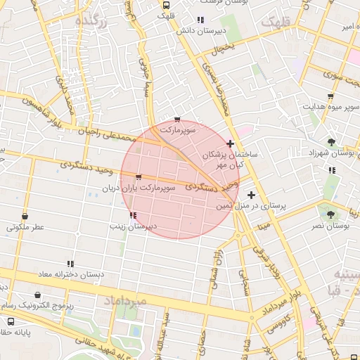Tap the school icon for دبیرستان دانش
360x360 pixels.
[200, 20]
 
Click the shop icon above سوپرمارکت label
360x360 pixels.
[176, 120]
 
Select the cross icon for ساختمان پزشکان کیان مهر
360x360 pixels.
[230, 143]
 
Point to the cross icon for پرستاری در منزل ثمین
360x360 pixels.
[252, 195]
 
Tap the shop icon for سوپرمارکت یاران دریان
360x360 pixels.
[139, 177]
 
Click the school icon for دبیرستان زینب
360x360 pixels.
[133, 215]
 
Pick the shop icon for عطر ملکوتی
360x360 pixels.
[26, 216]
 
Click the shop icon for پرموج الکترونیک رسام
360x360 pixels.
[37, 296]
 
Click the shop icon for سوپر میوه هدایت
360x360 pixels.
[330, 96]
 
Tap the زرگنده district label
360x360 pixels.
[94, 22]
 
